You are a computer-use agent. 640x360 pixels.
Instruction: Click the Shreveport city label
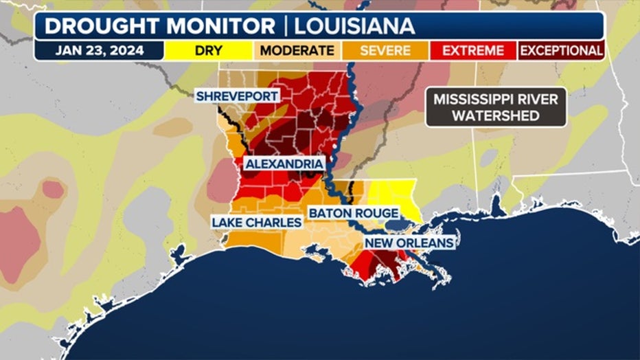237,96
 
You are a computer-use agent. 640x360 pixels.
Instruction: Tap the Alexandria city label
284,164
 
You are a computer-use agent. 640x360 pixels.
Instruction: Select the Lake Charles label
256,223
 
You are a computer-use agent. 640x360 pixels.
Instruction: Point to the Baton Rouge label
354,214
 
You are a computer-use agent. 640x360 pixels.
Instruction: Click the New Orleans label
409,243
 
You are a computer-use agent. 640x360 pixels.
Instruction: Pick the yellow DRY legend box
209,51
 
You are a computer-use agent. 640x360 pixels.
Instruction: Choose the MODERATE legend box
297,51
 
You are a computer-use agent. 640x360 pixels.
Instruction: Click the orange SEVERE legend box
385,51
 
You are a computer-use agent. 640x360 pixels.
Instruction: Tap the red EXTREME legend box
473,51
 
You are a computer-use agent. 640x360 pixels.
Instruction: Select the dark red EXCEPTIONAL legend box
560,51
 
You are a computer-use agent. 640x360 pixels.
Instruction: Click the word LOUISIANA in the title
354,26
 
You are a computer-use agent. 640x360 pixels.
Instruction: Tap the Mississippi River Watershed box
496,107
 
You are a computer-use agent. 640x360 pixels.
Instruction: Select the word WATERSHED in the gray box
496,115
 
